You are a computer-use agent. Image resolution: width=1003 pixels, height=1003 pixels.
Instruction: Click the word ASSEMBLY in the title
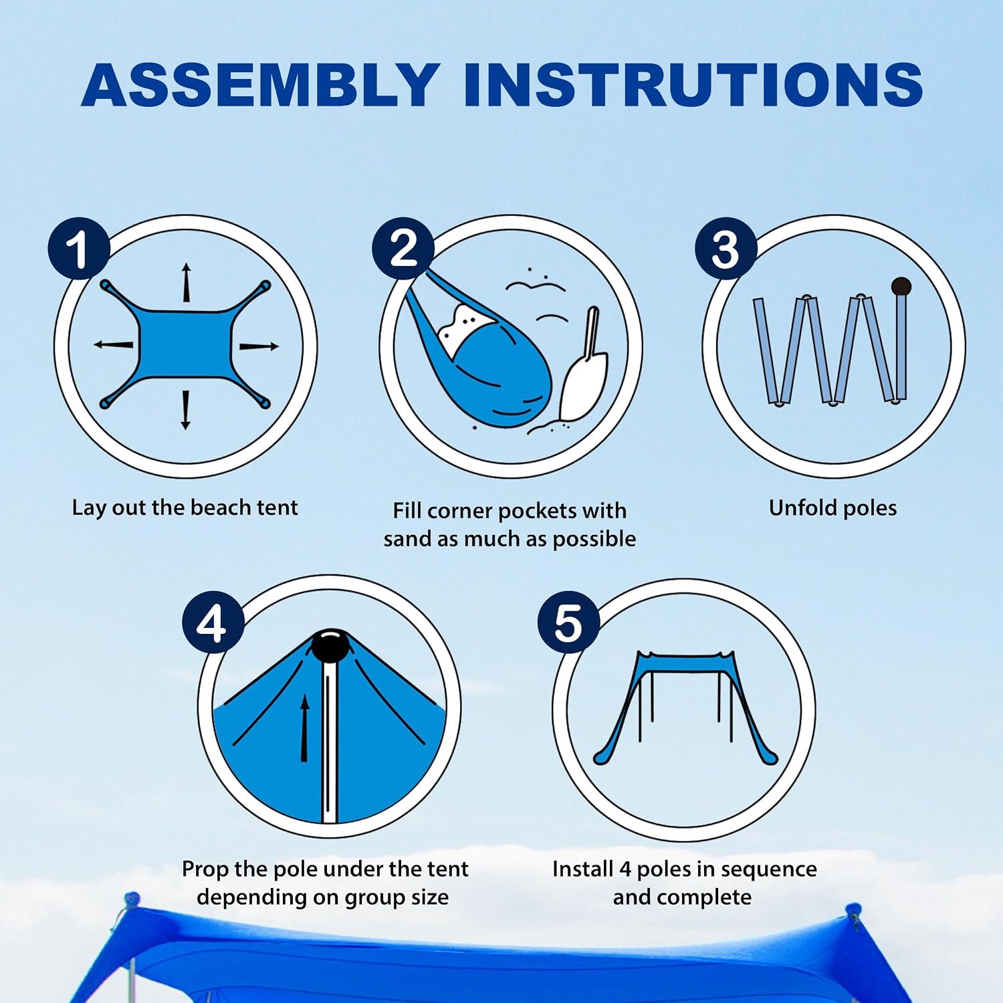pos(260,84)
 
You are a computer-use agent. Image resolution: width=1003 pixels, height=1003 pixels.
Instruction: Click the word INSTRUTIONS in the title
pos(693,84)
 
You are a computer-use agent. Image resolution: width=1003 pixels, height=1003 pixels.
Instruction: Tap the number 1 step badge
pos(79,249)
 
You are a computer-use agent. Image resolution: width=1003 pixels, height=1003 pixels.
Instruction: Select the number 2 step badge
pos(403,249)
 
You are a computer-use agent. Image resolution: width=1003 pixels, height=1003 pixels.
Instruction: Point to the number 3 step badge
pos(726,249)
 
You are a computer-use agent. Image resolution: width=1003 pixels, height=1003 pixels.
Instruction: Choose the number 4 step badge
pos(213,623)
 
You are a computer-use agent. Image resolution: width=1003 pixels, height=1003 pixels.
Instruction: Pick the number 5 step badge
pos(568,623)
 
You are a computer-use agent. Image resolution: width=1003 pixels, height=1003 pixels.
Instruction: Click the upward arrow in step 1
pos(187,283)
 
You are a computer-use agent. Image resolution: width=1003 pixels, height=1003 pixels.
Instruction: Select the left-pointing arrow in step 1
pos(113,344)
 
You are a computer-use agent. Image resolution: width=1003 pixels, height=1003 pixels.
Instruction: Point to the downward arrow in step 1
pos(186,409)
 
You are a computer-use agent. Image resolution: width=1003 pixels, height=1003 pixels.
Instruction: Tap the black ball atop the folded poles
pos(901,287)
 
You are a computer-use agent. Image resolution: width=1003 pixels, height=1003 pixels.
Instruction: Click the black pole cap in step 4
pos(330,645)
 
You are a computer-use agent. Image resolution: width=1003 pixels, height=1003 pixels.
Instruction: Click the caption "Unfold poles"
pos(832,508)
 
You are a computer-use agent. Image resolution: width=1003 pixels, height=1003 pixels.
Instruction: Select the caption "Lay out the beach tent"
pos(185,508)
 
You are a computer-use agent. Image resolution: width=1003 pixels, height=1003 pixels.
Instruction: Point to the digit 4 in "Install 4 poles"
pos(625,869)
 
